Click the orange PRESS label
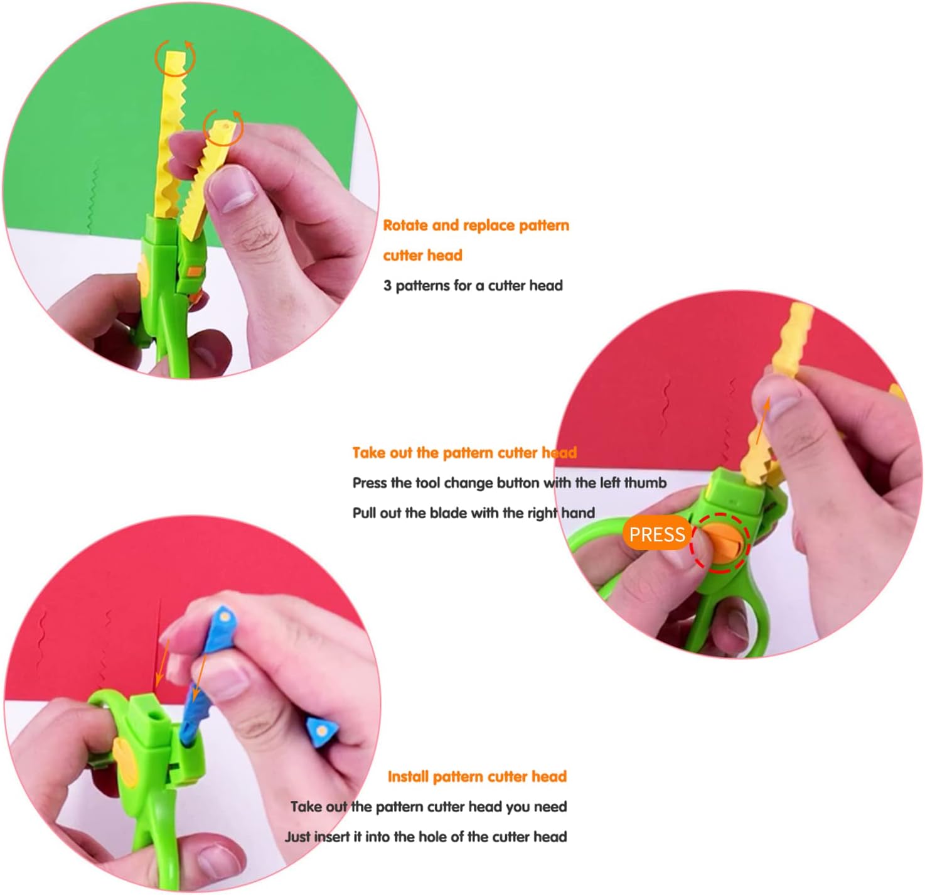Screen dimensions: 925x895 [656, 534]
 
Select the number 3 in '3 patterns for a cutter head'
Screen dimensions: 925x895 [387, 286]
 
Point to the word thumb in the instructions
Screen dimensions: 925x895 [645, 483]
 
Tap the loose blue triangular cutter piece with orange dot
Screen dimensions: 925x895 [323, 731]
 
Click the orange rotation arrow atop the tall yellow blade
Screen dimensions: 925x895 [175, 57]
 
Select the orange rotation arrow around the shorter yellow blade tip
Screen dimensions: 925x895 [223, 127]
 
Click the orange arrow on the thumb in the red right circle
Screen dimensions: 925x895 [762, 421]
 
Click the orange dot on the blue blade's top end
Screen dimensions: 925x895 [225, 617]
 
